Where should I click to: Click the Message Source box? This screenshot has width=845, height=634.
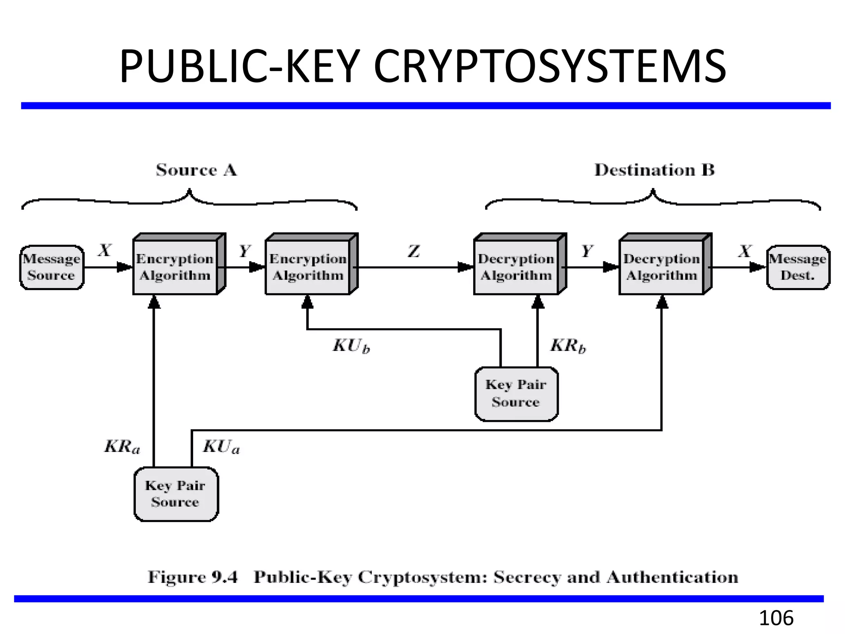tap(52, 267)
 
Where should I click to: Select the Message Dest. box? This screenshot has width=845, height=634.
tap(798, 267)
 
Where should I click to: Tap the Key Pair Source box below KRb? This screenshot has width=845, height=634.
tap(516, 394)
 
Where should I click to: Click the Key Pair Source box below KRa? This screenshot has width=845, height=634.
tap(176, 494)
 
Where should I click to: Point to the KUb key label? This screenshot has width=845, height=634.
tap(351, 346)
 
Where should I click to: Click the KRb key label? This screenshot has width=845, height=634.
tap(568, 346)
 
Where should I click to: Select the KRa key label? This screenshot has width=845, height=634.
tap(122, 447)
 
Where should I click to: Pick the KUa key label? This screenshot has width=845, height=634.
tap(221, 447)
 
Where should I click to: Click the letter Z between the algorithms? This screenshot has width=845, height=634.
tap(414, 251)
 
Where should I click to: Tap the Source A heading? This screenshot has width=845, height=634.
tap(196, 170)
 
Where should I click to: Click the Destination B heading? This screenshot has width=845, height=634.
tap(654, 170)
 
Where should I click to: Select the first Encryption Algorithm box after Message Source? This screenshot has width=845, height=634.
tap(175, 267)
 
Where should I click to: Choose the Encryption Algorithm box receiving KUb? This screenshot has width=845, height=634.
tap(308, 267)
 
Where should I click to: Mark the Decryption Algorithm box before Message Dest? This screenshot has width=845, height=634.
tap(662, 267)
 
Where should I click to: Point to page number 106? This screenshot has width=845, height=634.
tap(776, 618)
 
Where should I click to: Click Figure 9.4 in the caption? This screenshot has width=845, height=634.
tap(193, 577)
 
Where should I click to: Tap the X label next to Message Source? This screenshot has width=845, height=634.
tap(105, 250)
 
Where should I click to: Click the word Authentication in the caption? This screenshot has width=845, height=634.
tap(672, 577)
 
